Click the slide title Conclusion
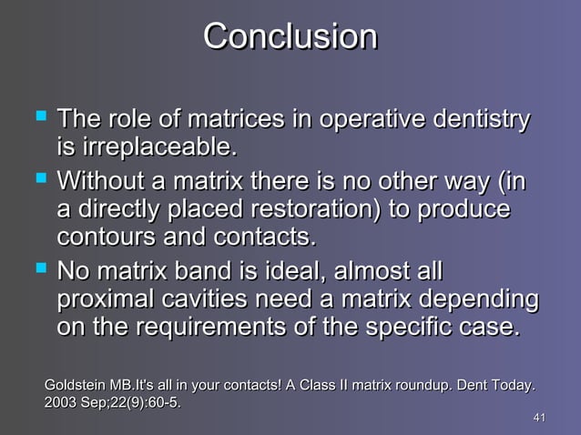pos(290,36)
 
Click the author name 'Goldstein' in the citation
pos(75,386)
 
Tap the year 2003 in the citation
pos(61,402)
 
